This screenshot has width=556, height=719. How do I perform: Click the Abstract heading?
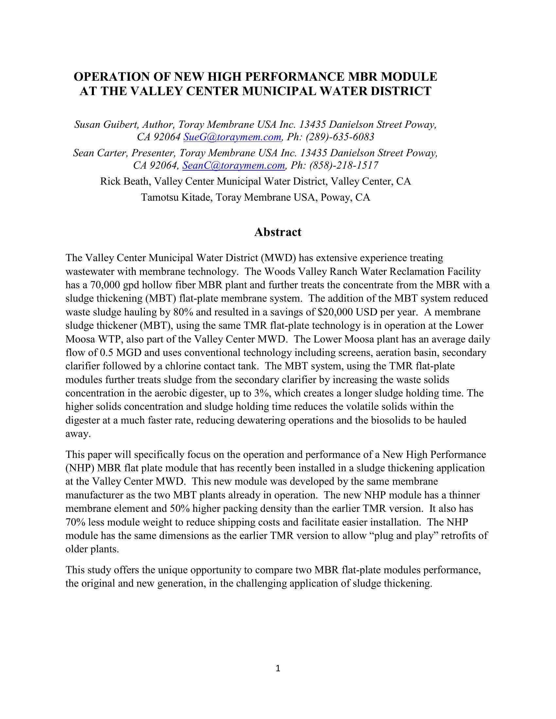tap(278, 232)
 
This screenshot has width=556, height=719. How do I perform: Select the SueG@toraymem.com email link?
tap(232, 137)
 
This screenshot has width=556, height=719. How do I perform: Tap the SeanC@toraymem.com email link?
tap(234, 165)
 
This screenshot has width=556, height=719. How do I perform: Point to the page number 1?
tap(278, 668)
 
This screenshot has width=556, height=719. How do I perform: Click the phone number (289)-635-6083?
tap(340, 137)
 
